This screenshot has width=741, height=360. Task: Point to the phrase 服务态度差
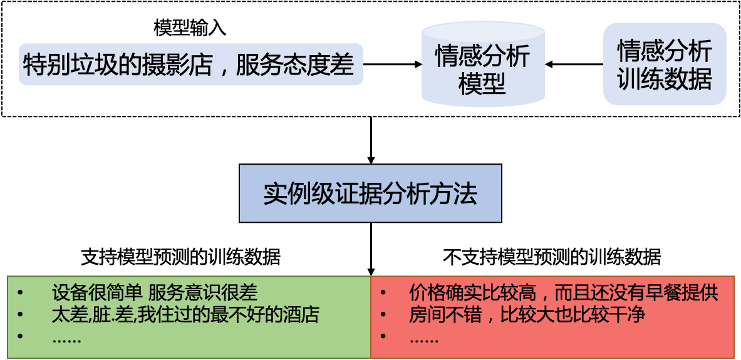click(x=295, y=64)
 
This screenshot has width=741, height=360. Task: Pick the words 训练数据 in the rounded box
click(x=664, y=80)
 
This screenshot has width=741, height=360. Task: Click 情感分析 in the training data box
click(x=664, y=51)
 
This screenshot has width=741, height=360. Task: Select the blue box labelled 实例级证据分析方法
click(x=370, y=193)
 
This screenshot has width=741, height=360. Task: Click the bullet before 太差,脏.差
click(x=20, y=314)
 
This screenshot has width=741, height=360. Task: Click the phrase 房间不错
click(x=445, y=314)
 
